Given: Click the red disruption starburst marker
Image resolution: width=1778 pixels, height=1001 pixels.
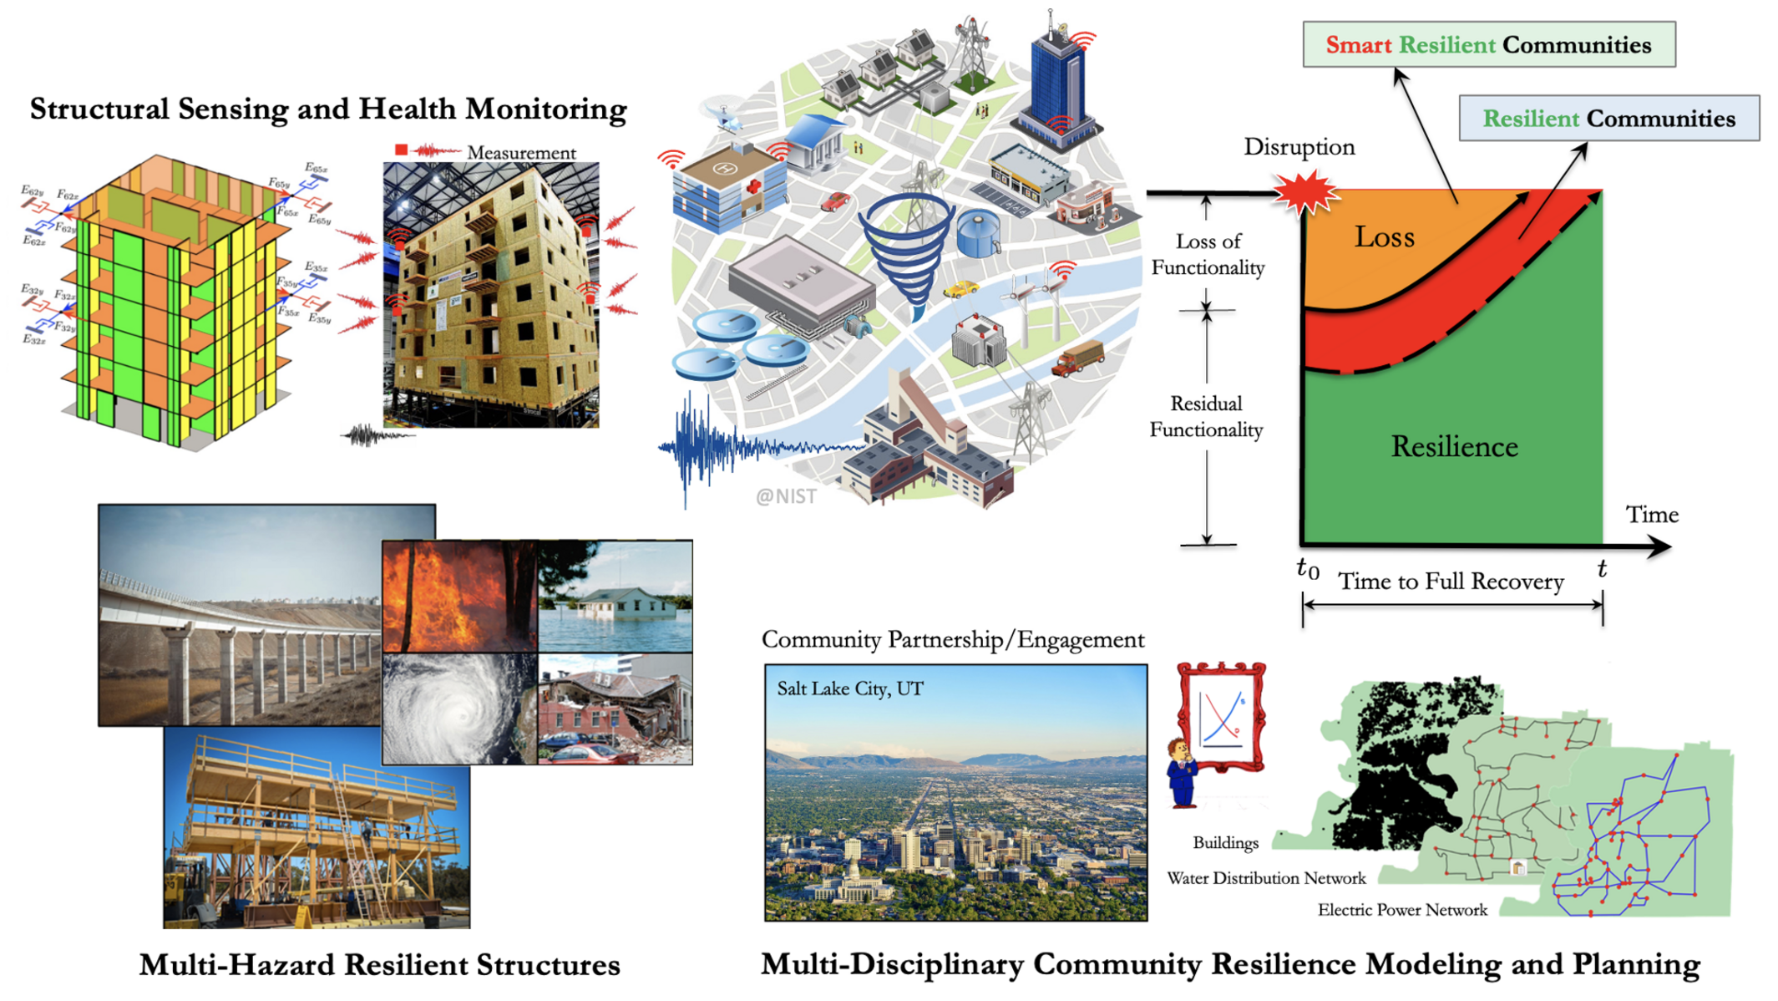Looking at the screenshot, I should click(1305, 192).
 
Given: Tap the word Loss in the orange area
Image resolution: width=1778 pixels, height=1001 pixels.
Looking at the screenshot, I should click(1384, 237).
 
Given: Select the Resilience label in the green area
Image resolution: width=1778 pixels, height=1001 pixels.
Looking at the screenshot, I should click(1454, 447).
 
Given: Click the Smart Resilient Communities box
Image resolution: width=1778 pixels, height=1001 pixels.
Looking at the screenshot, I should click(1488, 45).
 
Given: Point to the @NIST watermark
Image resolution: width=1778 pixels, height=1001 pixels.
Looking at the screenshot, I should click(786, 496).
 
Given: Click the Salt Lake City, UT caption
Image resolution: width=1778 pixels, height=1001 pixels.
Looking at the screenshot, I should click(849, 689).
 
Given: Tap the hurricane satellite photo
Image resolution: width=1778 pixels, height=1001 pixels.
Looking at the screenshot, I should click(459, 709).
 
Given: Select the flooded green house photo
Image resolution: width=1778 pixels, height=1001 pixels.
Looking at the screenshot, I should click(615, 596).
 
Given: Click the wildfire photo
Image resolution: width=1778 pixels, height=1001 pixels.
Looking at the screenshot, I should click(459, 596).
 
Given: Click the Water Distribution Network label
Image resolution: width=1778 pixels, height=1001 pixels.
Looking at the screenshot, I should click(1266, 878).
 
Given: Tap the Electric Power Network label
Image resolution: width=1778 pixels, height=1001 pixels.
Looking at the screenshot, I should click(1402, 910).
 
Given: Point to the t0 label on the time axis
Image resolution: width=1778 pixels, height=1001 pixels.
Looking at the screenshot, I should click(1308, 569).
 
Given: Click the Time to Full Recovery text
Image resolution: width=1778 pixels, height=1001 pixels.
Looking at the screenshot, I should click(1451, 582).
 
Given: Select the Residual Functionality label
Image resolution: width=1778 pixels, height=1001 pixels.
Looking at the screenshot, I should click(1206, 417).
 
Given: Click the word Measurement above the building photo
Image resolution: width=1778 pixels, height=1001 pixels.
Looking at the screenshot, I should click(521, 153).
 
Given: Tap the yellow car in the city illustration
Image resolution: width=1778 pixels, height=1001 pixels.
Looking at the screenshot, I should click(960, 290).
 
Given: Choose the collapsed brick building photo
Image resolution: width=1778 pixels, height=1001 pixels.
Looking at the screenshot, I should click(615, 709).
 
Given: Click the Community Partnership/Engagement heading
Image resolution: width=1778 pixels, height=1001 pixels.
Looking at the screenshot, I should click(953, 640).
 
